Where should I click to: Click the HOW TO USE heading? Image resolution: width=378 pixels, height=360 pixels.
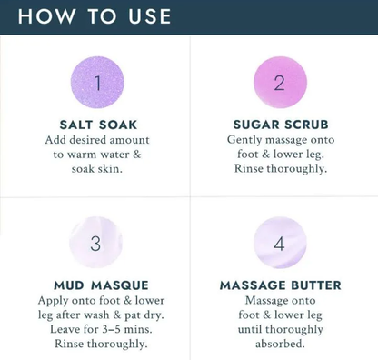click(x=94, y=16)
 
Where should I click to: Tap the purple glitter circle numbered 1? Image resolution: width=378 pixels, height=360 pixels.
click(x=96, y=84)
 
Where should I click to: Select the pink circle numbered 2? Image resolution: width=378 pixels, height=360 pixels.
click(x=279, y=84)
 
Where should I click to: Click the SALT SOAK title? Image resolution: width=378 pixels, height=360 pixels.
click(x=96, y=125)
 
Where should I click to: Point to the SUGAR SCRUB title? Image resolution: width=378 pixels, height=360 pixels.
click(x=280, y=125)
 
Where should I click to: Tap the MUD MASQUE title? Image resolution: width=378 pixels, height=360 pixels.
click(x=96, y=285)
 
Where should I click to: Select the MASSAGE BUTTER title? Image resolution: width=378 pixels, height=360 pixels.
click(x=280, y=285)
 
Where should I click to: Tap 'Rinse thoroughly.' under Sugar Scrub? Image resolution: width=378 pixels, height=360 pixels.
click(x=280, y=169)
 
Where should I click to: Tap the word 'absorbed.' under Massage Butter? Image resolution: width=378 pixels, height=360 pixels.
click(x=280, y=344)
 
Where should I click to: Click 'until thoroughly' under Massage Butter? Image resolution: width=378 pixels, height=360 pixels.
click(x=280, y=329)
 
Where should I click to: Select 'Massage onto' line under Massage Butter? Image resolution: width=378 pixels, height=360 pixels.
click(x=280, y=300)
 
